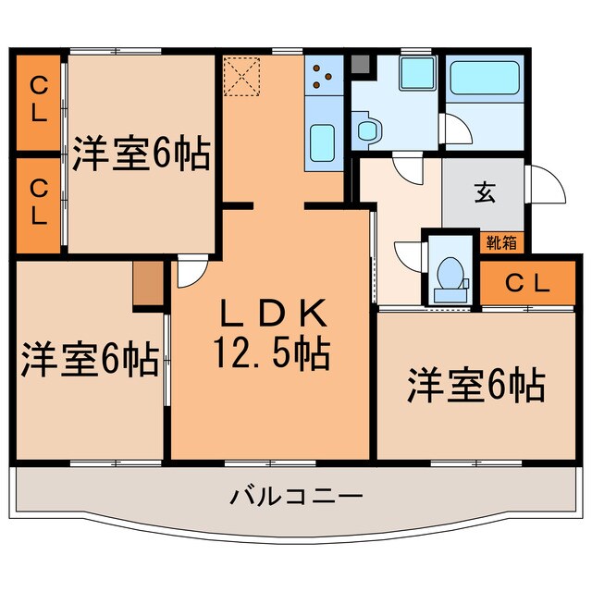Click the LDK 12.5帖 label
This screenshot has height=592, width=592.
coord(273,333)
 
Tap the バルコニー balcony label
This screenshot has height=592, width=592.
coord(296,496)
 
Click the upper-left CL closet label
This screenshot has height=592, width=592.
coord(39,99)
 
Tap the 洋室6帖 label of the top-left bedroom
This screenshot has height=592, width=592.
coord(141,154)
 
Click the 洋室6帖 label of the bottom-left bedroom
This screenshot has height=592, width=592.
coord(89,359)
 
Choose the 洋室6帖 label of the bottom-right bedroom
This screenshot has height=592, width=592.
coord(475,384)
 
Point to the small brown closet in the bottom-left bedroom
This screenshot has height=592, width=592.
coord(146,285)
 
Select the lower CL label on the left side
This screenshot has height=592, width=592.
coord(39,203)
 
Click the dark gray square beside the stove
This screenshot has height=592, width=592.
coord(360,65)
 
